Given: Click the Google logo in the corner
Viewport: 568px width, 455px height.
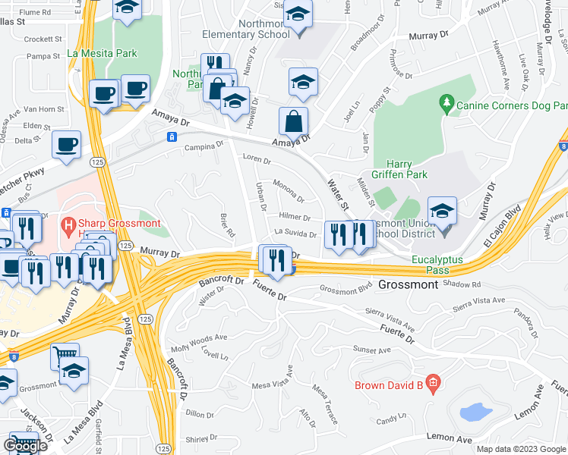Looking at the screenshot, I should pos(25,446).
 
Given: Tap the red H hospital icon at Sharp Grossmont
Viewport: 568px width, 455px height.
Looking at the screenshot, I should pos(68,225).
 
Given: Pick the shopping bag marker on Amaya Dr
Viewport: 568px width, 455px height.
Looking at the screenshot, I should pos(293,120).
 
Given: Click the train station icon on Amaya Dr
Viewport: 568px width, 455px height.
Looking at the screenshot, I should pos(172,136).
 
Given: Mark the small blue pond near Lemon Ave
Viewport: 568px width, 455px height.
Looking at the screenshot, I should pos(475,412).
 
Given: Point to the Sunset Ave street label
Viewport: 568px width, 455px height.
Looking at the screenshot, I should pos(371,349).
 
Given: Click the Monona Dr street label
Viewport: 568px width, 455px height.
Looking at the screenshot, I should pos(289,194).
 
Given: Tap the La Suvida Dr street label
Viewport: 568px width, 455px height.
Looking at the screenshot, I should pos(295,234).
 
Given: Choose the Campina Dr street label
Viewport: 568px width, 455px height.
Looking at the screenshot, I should pos(205,146).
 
